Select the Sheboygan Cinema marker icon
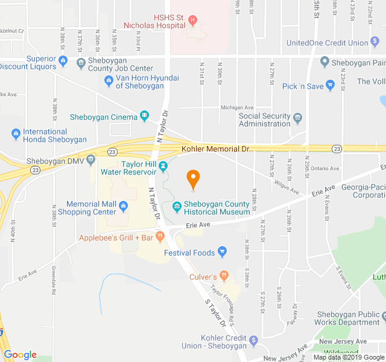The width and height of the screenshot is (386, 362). (x=144, y=116)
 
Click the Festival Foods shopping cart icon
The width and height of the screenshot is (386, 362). (x=223, y=252)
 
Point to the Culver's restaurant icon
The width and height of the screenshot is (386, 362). (x=224, y=276)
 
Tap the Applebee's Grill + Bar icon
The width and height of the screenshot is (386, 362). (x=160, y=236)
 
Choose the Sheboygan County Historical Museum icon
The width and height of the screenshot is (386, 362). (x=177, y=208)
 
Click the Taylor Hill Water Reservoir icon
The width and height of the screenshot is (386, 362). (x=163, y=164)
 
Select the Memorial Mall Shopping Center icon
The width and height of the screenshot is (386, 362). (x=124, y=208)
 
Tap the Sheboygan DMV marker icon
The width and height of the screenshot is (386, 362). (x=91, y=160)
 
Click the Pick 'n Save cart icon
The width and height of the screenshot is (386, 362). (x=330, y=86)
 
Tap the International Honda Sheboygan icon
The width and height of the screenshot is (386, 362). (x=15, y=133)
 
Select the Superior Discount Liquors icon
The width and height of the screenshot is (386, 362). (x=63, y=60)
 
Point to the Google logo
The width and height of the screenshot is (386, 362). (x=20, y=355)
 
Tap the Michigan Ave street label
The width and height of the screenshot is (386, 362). (x=237, y=107)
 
